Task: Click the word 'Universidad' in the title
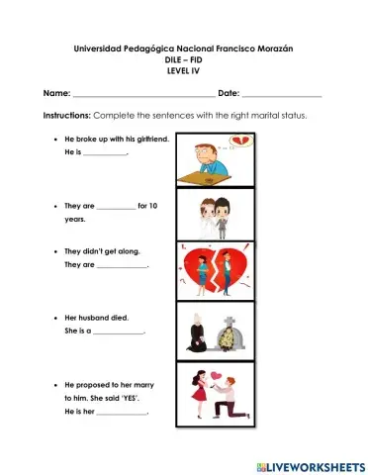tap(102, 48)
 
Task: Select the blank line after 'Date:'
tap(282, 95)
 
